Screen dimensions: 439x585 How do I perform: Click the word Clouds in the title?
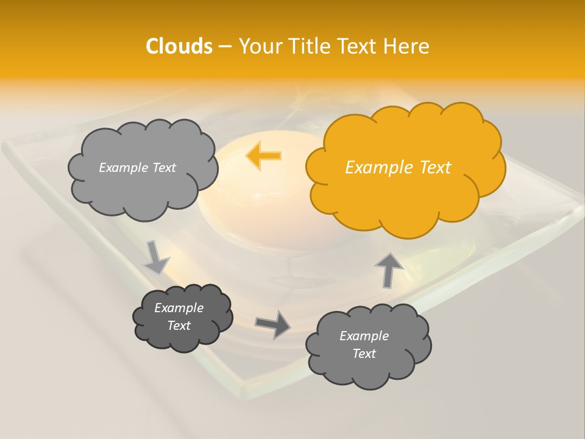pos(179,46)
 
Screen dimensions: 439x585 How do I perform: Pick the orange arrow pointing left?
pos(263,156)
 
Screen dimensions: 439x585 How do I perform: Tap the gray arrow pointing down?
pos(155,257)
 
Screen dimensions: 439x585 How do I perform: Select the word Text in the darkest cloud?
pos(179,326)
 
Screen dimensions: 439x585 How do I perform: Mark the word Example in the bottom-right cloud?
pos(364,336)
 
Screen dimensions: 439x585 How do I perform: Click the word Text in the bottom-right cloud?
pos(364,354)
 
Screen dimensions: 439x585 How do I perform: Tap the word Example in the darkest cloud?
pos(179,308)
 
